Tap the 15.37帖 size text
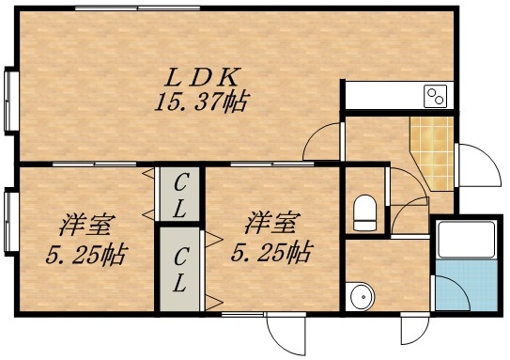click(x=201, y=102)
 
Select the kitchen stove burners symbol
click(x=435, y=95)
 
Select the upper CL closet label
click(x=180, y=195)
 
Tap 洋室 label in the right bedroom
click(x=272, y=224)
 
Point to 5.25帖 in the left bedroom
click(x=86, y=254)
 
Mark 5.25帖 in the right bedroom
click(x=273, y=252)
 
